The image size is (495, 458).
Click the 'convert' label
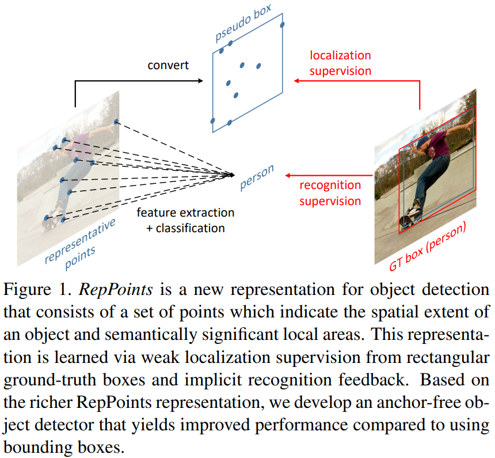(167, 65)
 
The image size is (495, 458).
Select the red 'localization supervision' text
(340, 63)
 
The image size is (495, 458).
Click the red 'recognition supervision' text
(330, 193)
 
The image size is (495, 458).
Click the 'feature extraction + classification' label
(185, 220)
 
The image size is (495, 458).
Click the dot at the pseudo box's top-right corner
(282, 24)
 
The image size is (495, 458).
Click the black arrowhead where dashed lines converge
(232, 174)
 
